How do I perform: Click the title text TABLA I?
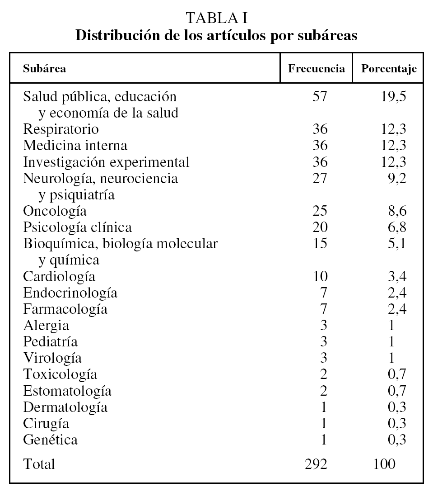(x=216, y=19)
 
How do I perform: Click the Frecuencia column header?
(x=317, y=69)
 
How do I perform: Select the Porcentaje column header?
(x=389, y=69)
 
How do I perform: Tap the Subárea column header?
(x=45, y=69)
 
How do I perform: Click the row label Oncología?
(x=55, y=211)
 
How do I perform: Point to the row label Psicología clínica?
(x=78, y=227)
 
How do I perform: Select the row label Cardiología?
(x=59, y=276)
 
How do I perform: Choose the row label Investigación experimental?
(x=106, y=162)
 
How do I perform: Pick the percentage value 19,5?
(x=393, y=96)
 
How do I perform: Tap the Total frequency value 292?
(x=317, y=464)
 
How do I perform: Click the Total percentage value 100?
(x=384, y=464)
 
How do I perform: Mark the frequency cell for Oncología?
(x=320, y=211)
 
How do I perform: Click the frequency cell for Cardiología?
(x=320, y=276)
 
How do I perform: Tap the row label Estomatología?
(x=67, y=391)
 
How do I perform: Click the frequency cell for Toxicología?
(x=323, y=374)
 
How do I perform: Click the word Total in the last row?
(x=39, y=464)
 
